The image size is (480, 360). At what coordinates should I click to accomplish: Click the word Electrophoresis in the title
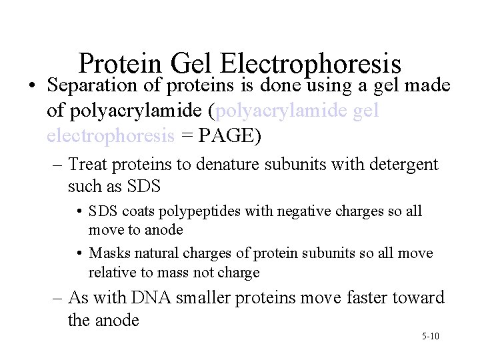(x=310, y=65)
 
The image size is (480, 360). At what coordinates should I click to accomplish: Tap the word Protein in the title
(x=120, y=65)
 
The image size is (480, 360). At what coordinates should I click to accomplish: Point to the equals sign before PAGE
(x=187, y=136)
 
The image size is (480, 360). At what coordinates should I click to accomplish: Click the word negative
(x=285, y=212)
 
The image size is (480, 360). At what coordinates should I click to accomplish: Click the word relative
(x=111, y=272)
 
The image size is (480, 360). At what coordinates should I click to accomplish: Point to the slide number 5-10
(x=430, y=336)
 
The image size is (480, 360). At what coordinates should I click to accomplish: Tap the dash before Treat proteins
(x=56, y=164)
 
